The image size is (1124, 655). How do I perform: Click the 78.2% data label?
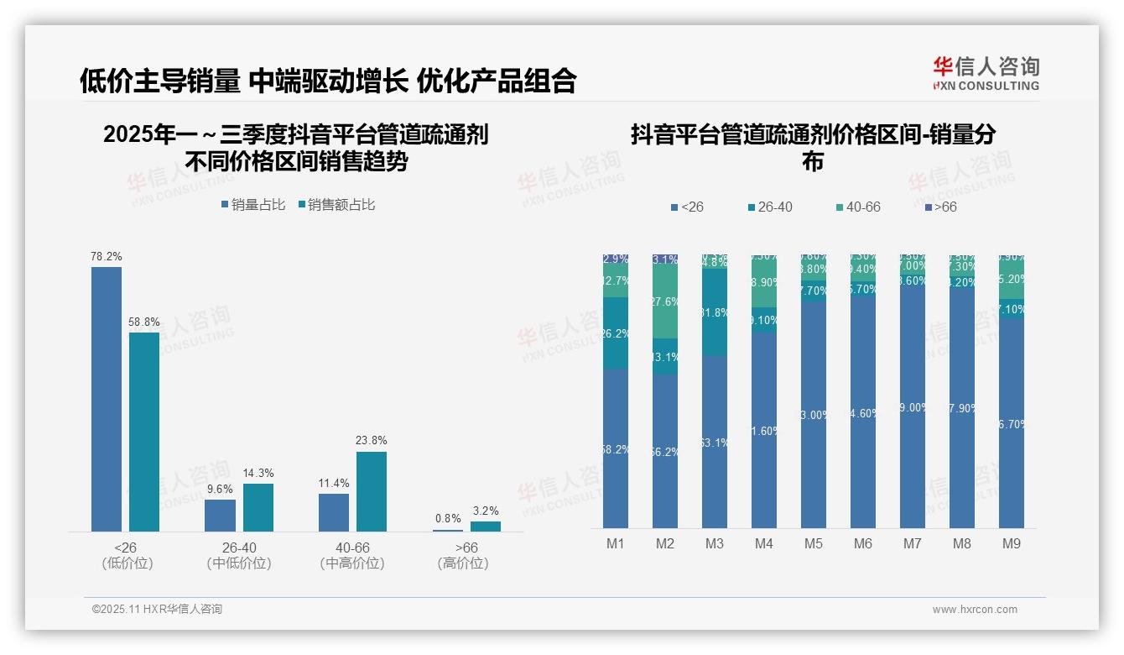(x=106, y=256)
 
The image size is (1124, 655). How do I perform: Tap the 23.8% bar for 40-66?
(x=372, y=491)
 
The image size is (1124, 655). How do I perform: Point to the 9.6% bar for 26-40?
(x=220, y=516)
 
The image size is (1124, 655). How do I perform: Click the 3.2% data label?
(x=485, y=511)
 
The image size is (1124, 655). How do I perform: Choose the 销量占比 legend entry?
(x=253, y=205)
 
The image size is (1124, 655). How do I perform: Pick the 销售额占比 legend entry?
(x=336, y=205)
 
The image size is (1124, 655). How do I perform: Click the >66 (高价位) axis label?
(x=463, y=555)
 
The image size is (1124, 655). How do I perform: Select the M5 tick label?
(x=813, y=543)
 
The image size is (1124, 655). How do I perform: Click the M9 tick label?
(x=1011, y=543)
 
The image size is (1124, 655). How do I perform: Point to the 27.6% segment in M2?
(x=665, y=301)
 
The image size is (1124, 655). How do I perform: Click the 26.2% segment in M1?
(x=616, y=333)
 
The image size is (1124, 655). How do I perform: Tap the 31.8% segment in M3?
(x=715, y=312)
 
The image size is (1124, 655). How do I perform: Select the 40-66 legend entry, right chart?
(x=858, y=207)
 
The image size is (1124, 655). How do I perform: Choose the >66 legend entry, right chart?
(x=940, y=207)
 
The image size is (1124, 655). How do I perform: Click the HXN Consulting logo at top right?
(x=986, y=73)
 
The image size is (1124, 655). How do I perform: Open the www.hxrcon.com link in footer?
(x=975, y=610)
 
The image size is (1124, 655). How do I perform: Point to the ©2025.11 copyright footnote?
(x=157, y=609)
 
